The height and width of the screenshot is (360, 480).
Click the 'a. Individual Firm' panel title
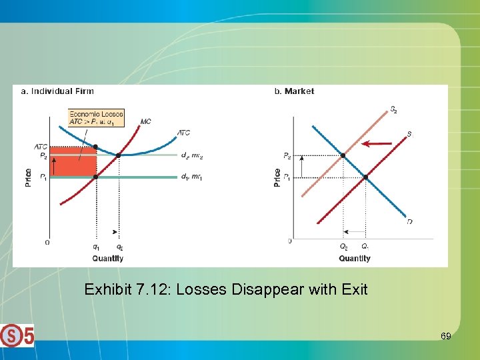[58, 91]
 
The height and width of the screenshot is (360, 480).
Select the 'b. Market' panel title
[294, 91]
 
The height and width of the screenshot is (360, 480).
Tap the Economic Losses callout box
[96, 118]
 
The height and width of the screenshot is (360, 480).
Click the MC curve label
[145, 121]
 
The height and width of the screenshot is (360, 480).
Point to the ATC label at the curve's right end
[183, 133]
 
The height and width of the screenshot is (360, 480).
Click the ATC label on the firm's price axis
[41, 147]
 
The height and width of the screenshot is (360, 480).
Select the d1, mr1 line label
[191, 177]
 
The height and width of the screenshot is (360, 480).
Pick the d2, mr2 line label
[191, 155]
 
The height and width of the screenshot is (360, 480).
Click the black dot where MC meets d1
[96, 177]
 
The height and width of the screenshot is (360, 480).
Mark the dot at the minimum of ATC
[119, 155]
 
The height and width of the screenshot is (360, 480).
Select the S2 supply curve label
[394, 109]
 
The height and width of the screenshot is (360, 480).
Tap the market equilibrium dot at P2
[343, 155]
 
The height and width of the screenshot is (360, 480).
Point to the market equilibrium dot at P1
[366, 177]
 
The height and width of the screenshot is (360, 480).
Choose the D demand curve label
[409, 221]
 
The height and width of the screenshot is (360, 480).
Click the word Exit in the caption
[355, 290]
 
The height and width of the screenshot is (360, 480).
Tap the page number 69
[445, 336]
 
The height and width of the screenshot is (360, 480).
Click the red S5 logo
[17, 335]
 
